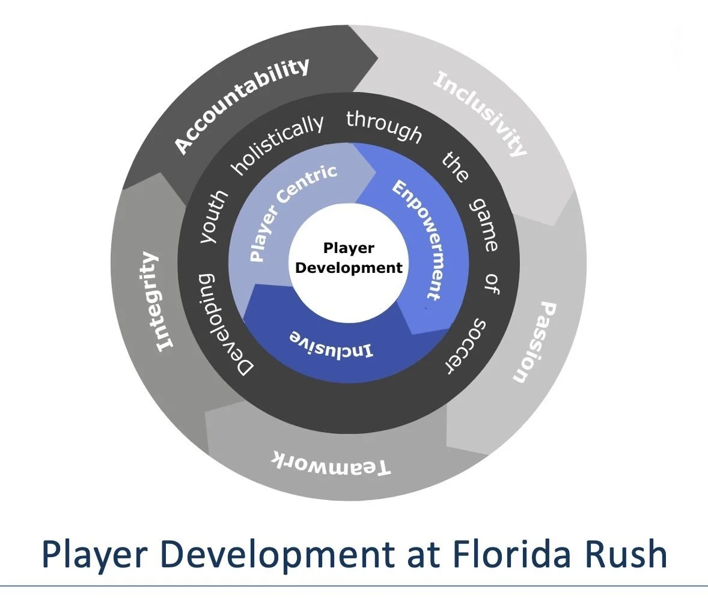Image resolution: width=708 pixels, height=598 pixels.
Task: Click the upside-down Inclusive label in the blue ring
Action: point(332,343)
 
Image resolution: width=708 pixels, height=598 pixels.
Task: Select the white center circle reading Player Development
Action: point(349,258)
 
